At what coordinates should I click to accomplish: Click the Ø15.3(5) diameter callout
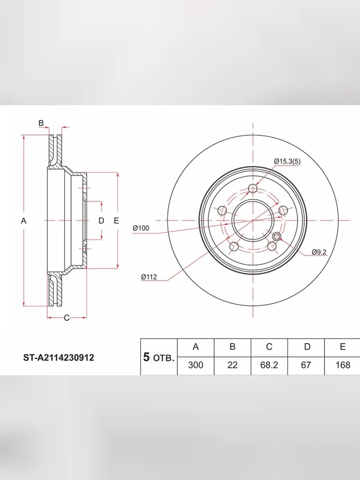click(287, 162)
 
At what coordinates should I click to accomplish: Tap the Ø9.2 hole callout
click(319, 252)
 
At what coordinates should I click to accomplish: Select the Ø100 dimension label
click(141, 228)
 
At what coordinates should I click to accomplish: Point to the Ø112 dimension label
click(149, 277)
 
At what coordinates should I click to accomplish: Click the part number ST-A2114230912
click(58, 358)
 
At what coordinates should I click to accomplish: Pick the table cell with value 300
click(196, 365)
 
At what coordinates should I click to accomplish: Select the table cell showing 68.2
click(269, 365)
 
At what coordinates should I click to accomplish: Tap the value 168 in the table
click(343, 365)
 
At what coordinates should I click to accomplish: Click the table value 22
click(232, 365)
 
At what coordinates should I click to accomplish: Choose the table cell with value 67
click(306, 365)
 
